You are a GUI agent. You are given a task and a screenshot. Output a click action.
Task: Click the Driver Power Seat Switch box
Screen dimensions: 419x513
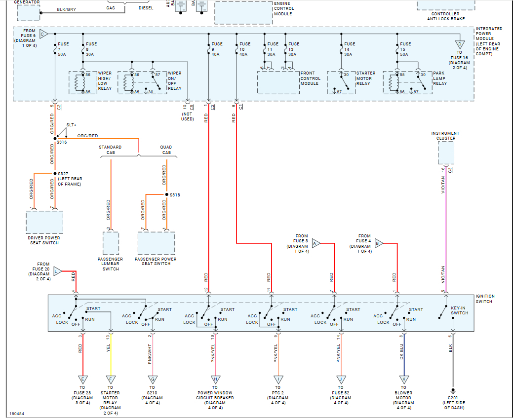coord(44,222)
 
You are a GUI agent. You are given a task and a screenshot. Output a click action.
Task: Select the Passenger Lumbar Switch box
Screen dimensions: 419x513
coord(111,242)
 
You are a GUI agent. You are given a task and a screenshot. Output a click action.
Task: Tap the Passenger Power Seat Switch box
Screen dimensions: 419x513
coord(156,242)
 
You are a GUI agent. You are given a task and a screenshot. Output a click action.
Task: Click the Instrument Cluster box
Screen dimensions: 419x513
coord(446,153)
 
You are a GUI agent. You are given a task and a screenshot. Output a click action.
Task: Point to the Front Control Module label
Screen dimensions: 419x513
coord(311,78)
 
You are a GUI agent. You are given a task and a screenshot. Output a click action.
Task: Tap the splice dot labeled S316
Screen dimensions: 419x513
coord(55,139)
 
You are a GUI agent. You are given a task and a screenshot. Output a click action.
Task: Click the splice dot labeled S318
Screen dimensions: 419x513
coord(167,194)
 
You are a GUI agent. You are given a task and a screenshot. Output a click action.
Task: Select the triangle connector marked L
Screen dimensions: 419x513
coord(57,271)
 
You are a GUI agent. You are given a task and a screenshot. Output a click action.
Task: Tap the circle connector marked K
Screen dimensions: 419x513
coord(403,380)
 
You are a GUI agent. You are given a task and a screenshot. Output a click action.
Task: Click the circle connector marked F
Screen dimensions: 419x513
coord(110,380)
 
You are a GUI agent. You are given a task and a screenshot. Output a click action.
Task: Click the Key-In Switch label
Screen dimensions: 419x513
coord(460,309)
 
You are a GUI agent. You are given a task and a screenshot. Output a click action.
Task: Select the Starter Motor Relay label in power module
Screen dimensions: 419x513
coord(366,78)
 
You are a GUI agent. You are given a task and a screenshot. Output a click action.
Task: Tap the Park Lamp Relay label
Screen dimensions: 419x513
coord(440,78)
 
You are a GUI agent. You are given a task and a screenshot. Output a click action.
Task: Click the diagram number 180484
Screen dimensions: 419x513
coord(17,414)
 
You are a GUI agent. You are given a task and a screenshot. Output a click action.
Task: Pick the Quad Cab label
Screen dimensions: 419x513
coord(166,150)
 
